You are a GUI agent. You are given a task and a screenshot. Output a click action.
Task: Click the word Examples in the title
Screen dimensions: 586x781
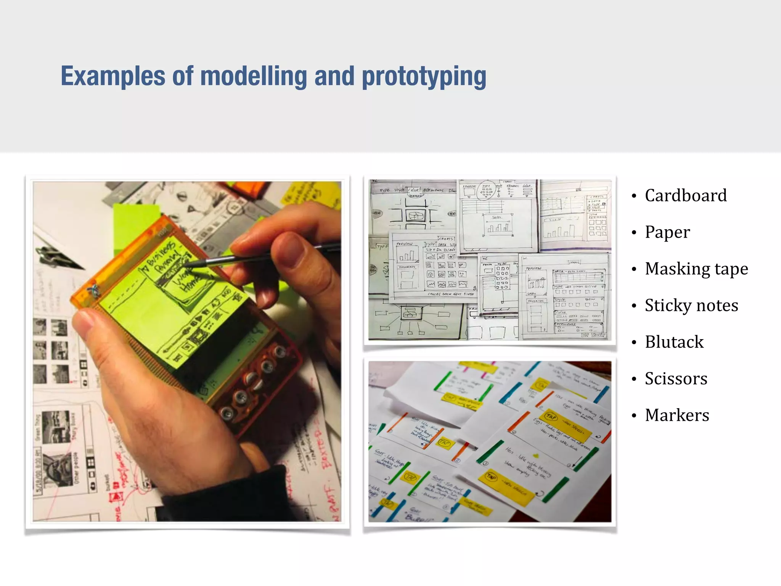(x=113, y=76)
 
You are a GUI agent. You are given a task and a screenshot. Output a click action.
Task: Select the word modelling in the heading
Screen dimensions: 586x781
(x=254, y=76)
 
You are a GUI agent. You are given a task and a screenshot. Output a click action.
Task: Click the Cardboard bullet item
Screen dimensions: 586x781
(x=685, y=195)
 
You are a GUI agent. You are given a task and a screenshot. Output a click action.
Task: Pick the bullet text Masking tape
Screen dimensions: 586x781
(x=696, y=269)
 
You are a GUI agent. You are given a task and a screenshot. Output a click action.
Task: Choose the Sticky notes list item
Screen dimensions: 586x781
(x=691, y=305)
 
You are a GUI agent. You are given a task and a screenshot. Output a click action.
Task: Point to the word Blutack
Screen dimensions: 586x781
(x=674, y=342)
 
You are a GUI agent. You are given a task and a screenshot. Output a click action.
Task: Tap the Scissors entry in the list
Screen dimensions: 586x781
(x=676, y=378)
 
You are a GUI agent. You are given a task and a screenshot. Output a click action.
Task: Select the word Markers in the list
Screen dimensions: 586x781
(x=677, y=415)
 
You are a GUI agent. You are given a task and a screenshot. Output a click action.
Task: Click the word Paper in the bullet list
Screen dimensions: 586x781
(x=667, y=232)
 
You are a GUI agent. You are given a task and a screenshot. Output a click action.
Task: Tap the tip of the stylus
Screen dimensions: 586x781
(x=186, y=264)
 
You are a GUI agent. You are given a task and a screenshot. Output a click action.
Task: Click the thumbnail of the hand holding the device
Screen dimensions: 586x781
(x=187, y=351)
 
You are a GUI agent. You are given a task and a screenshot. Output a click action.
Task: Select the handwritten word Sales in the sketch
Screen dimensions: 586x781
(x=497, y=217)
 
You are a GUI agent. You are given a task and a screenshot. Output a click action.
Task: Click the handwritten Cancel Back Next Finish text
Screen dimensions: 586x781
(x=451, y=294)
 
